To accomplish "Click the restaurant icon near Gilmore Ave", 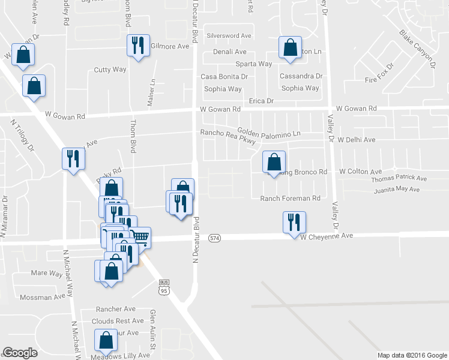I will tap(138, 46).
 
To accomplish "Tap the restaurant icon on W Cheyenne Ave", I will tap(294, 223).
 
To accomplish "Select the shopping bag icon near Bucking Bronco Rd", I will tap(274, 162).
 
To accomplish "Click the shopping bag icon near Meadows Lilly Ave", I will tap(106, 341).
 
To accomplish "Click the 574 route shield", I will tap(214, 238).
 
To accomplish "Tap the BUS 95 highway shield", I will tap(164, 287).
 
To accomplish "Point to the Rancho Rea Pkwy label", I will tap(228, 136).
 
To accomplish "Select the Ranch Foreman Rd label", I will tap(291, 199).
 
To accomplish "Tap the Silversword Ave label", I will tap(229, 36).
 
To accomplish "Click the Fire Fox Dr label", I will tap(379, 74).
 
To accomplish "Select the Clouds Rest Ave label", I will tap(118, 321).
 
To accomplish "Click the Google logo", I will tap(20, 353).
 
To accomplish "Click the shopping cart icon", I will tap(140, 236).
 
